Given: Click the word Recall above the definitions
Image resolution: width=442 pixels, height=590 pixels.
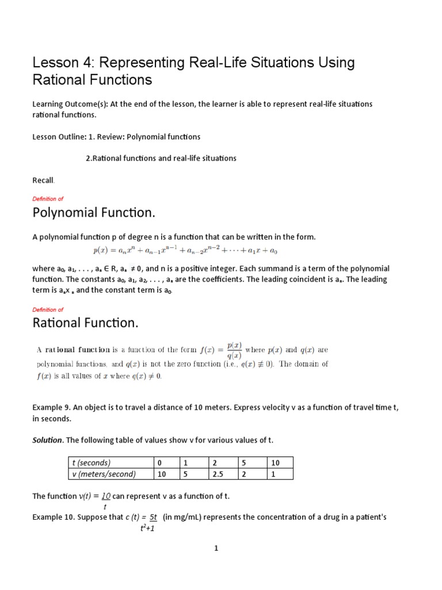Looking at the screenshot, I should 45,180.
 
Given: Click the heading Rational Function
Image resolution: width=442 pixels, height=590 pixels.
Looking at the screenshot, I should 86,323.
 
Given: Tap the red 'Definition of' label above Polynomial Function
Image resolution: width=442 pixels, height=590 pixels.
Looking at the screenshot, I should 48,199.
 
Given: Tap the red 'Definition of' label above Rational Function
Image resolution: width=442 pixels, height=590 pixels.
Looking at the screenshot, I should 48,309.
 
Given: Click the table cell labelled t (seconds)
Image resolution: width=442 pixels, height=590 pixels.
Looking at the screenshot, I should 90,463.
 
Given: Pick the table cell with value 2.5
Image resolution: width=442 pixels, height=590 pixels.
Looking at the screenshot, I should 218,474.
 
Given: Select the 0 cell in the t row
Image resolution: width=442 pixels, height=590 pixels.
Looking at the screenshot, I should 159,463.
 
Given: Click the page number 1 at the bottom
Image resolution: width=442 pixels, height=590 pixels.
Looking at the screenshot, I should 216,549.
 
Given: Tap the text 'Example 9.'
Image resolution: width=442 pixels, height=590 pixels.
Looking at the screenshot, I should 52,408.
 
